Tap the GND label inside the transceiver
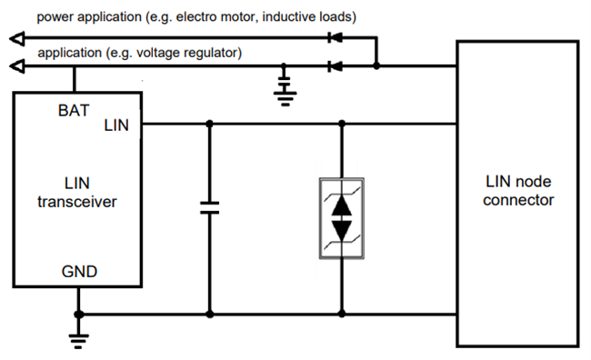80,271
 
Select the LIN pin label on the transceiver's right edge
117,125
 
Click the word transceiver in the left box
76,203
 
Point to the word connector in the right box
518,200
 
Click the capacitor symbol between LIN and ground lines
210,209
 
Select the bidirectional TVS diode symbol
342,218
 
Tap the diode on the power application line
335,38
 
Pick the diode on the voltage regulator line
335,66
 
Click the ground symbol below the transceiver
79,339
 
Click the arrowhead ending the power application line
14,38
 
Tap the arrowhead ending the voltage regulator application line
14,66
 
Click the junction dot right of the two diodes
377,66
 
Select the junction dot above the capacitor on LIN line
210,124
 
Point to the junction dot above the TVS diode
342,124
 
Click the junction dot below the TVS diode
342,315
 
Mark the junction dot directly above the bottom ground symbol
79,315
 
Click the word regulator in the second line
212,53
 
